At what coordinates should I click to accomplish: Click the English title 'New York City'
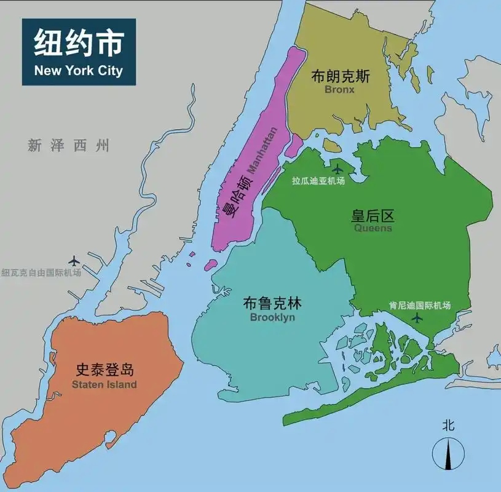[78, 70]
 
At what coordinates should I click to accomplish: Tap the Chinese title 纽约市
[78, 44]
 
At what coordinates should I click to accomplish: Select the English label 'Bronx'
[340, 90]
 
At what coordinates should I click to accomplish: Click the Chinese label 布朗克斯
[340, 76]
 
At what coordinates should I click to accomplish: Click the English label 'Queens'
[373, 228]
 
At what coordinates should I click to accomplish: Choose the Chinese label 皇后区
[373, 216]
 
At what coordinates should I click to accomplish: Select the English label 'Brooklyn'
[272, 317]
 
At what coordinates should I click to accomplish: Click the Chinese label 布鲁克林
[272, 304]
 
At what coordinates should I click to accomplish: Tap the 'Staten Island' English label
[104, 384]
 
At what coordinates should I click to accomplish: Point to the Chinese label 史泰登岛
[105, 370]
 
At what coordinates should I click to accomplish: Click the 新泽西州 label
[68, 146]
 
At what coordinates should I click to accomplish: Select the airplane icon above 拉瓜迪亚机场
[337, 169]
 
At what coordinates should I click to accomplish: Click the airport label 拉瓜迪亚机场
[318, 181]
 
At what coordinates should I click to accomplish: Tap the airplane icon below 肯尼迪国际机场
[417, 317]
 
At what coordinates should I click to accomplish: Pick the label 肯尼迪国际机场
[420, 305]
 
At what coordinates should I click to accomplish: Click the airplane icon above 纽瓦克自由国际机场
[75, 261]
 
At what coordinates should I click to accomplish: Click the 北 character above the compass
[448, 424]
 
